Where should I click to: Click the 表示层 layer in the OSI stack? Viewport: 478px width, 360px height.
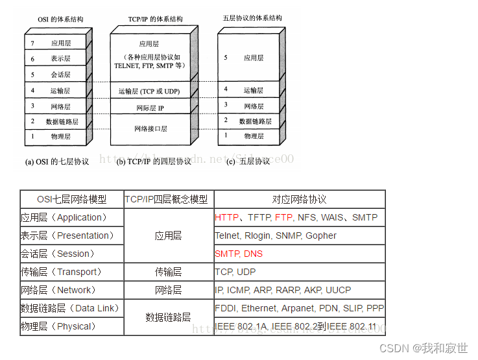[x=60, y=59]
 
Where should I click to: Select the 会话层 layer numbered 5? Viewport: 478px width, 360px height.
[x=60, y=75]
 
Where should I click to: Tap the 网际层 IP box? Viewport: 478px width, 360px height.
[x=150, y=107]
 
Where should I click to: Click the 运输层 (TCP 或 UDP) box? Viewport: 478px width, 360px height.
[x=150, y=91]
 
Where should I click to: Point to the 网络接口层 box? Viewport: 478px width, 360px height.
[x=150, y=129]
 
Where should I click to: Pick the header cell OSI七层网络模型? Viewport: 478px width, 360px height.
[x=71, y=199]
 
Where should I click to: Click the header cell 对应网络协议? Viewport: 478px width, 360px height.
[x=299, y=199]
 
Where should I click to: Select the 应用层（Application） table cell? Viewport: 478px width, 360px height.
[x=64, y=217]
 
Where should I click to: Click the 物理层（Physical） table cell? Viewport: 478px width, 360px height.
[x=58, y=326]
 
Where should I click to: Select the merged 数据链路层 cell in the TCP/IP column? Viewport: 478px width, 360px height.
[x=168, y=317]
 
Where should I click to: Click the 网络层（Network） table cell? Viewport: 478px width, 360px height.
[x=58, y=290]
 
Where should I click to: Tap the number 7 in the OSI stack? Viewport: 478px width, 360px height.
[x=32, y=43]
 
